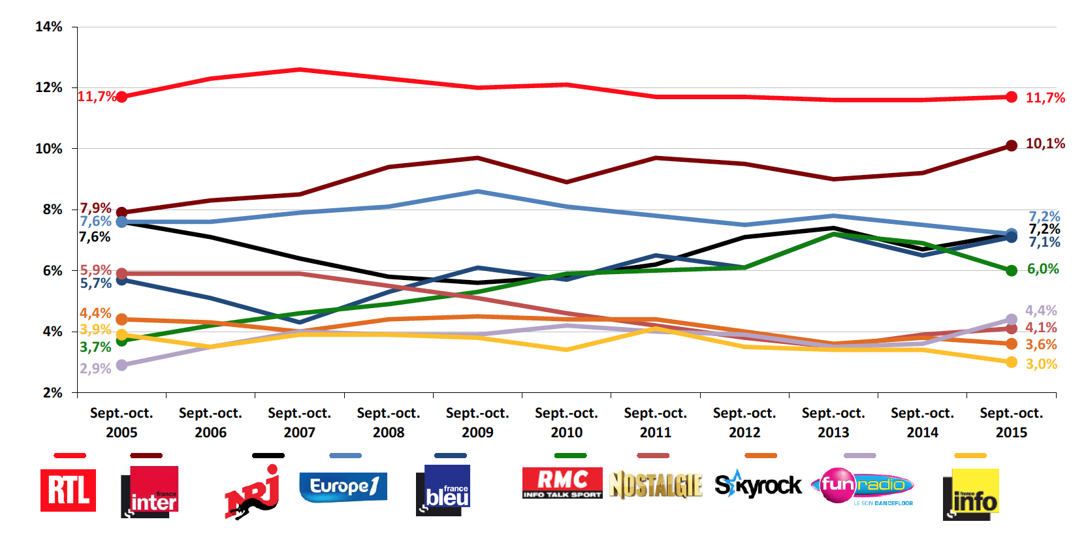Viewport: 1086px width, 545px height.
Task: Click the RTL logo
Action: pyautogui.click(x=68, y=490)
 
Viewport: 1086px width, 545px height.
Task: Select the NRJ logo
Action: pyautogui.click(x=253, y=493)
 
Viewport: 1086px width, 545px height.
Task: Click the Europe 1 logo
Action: pyautogui.click(x=343, y=487)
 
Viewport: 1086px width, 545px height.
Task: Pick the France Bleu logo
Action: pyautogui.click(x=443, y=490)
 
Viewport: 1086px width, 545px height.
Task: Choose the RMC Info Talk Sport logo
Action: pyautogui.click(x=562, y=484)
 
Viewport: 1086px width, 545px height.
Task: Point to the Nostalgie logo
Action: pyautogui.click(x=656, y=485)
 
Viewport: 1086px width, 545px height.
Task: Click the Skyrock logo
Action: pyautogui.click(x=758, y=485)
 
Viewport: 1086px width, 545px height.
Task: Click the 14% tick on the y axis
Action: pyautogui.click(x=49, y=27)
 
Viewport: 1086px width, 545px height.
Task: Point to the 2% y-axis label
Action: pyautogui.click(x=52, y=393)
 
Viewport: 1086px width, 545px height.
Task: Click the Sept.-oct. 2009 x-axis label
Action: pyautogui.click(x=477, y=422)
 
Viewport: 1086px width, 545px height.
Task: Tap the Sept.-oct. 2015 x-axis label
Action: pyautogui.click(x=1011, y=422)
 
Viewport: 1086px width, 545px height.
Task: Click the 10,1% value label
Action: pyautogui.click(x=1045, y=144)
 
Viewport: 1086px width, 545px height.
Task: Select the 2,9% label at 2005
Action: pyautogui.click(x=95, y=369)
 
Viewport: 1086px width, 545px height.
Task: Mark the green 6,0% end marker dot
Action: pyautogui.click(x=1012, y=270)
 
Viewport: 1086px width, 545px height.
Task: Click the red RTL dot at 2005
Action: pyautogui.click(x=121, y=97)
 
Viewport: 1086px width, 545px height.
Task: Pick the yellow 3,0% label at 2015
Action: pyautogui.click(x=1041, y=364)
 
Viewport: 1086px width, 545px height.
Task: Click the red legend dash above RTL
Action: pyautogui.click(x=70, y=456)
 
